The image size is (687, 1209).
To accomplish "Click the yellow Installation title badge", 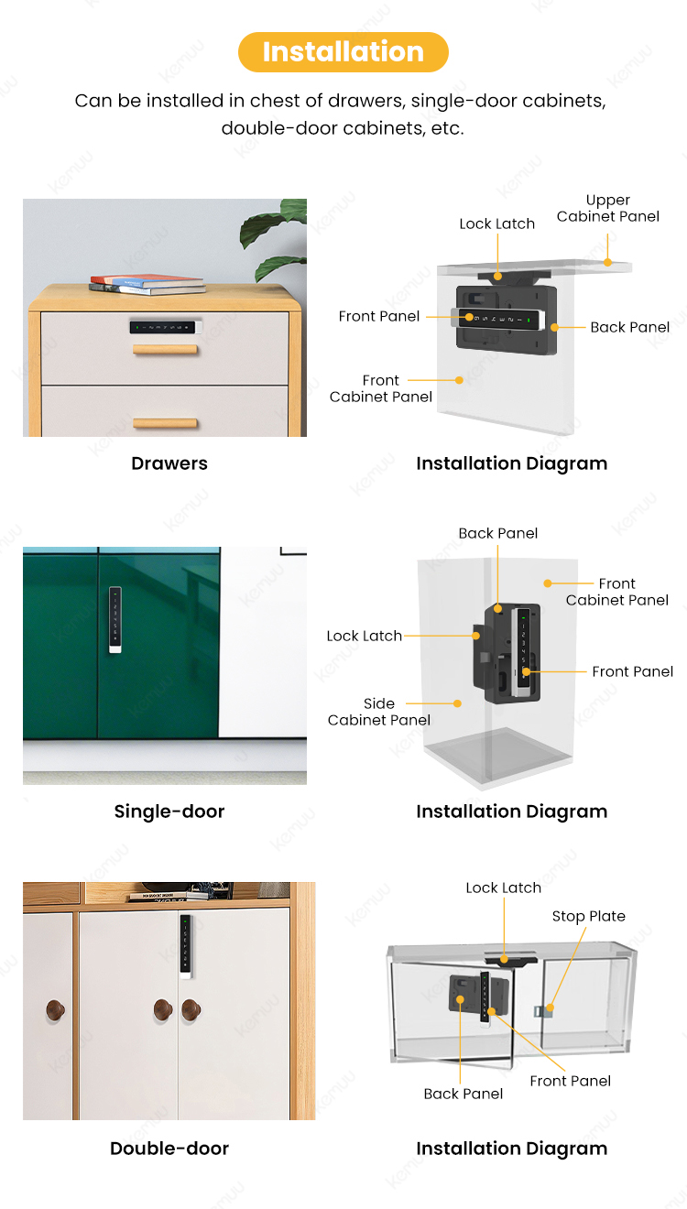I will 343,52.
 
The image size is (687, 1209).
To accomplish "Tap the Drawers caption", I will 169,463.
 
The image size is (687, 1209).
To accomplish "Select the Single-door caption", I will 169,811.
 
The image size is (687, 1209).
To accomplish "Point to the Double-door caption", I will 169,1149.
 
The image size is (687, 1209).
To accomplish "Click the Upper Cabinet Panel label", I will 608,208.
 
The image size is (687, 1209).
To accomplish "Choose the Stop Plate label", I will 588,916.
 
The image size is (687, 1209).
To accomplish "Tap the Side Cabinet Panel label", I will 379,712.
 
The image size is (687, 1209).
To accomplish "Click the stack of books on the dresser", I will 147,284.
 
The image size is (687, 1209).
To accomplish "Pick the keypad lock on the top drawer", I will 163,326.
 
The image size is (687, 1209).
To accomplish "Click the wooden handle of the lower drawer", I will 165,423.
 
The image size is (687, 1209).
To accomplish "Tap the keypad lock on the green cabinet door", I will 114,620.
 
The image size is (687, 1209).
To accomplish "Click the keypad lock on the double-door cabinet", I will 186,944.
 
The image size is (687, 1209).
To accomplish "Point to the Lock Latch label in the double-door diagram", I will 503,888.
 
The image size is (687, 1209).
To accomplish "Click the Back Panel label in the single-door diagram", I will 498,533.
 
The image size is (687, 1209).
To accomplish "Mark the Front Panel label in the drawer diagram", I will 379,316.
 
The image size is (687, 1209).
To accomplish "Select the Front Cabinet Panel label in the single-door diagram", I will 617,592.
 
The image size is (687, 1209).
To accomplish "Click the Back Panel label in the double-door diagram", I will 463,1094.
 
